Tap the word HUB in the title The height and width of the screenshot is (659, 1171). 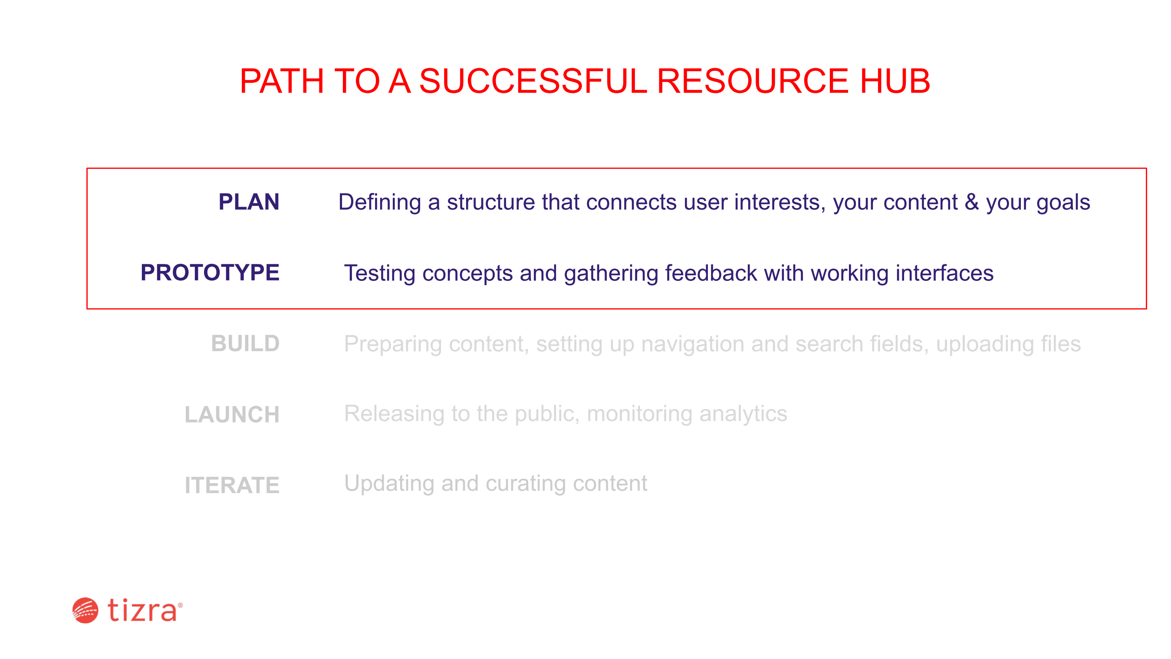pyautogui.click(x=895, y=81)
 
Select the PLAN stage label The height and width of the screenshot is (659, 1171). pyautogui.click(x=249, y=202)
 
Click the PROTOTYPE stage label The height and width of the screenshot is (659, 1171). pyautogui.click(x=210, y=273)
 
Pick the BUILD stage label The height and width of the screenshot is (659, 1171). pyautogui.click(x=246, y=344)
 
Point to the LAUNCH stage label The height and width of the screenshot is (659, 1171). pyautogui.click(x=232, y=415)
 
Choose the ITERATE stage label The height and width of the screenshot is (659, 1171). pyautogui.click(x=232, y=485)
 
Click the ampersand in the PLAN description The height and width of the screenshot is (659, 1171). pyautogui.click(x=971, y=202)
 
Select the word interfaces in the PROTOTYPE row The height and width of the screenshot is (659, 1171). pyautogui.click(x=944, y=273)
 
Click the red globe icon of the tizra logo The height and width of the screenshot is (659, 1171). pyautogui.click(x=85, y=610)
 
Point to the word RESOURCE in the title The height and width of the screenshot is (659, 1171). pyautogui.click(x=753, y=81)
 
